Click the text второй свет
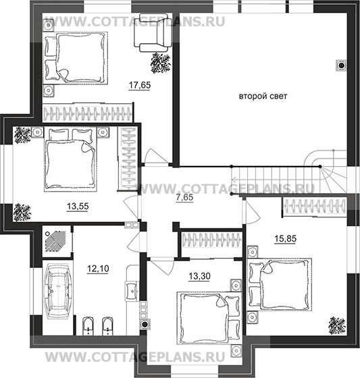pyautogui.click(x=263, y=97)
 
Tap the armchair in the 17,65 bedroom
pyautogui.click(x=155, y=33)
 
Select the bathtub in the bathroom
pyautogui.click(x=59, y=294)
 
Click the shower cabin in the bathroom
pyautogui.click(x=55, y=240)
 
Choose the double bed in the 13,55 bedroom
pyautogui.click(x=68, y=159)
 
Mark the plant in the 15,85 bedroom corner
pyautogui.click(x=336, y=325)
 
